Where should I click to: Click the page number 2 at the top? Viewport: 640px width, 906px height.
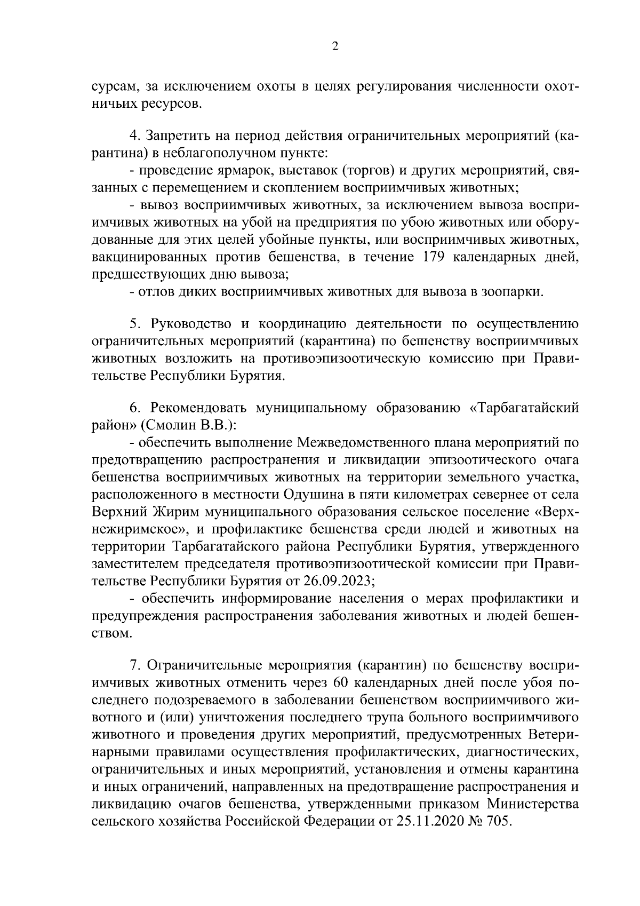tap(335, 46)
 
